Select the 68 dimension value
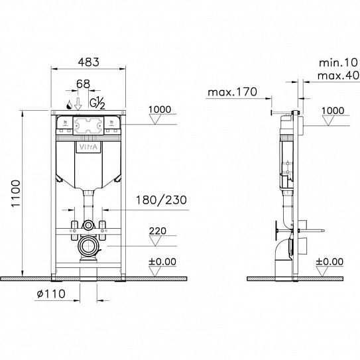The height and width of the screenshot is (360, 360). point(82,86)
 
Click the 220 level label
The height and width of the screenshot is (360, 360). point(158,232)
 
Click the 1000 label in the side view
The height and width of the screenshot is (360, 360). point(333,110)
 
